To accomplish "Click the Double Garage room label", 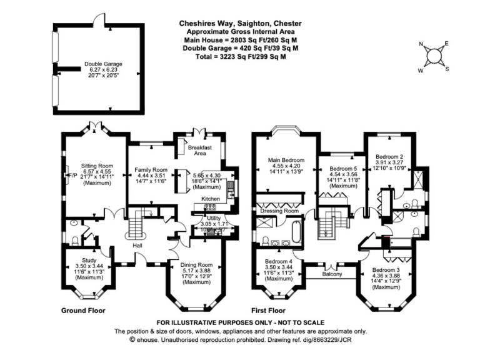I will click(104, 64).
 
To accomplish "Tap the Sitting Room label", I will click(96, 166).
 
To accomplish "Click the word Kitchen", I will click(211, 199).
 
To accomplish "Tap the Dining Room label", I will click(197, 264).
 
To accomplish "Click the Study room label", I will click(89, 259).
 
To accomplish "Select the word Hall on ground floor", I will click(138, 245).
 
